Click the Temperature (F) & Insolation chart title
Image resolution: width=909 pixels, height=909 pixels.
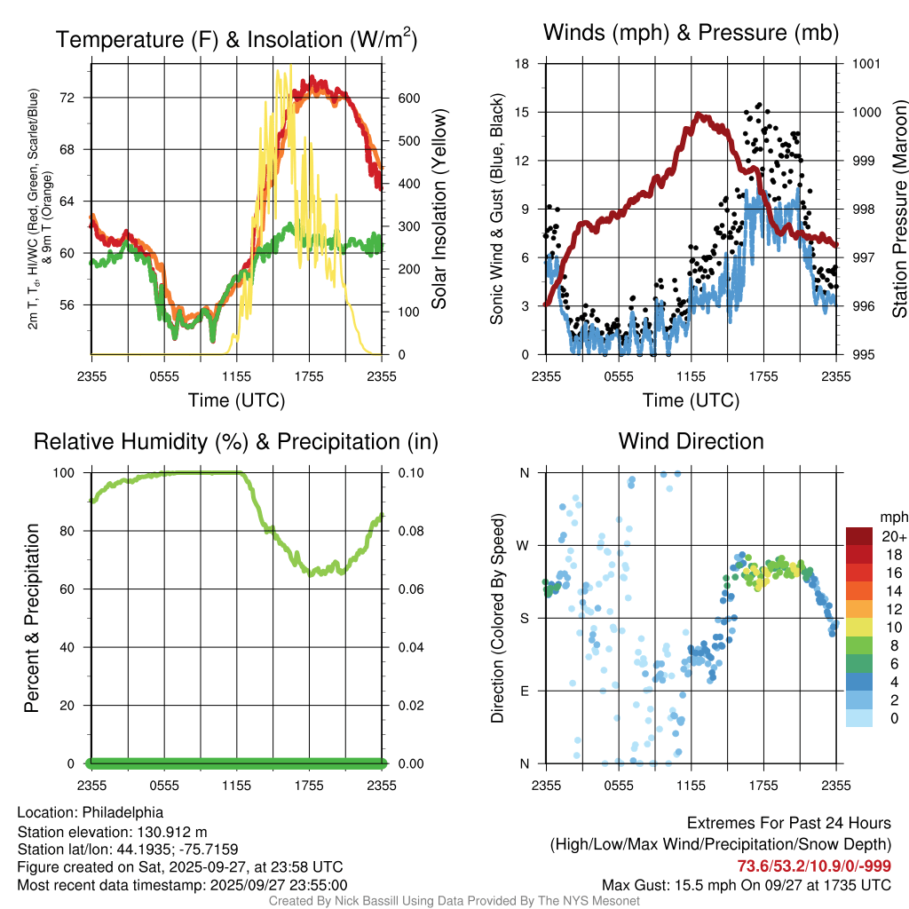tap(236, 39)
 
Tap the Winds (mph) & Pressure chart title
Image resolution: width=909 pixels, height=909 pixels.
tap(691, 34)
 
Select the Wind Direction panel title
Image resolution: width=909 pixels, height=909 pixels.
tap(691, 441)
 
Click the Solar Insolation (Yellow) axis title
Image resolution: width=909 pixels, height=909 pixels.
tap(439, 209)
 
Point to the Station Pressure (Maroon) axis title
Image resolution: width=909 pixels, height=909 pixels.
tap(898, 209)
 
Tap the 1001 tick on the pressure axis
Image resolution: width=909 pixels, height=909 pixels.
tap(866, 64)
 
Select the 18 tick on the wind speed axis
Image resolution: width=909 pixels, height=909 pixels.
tap(523, 64)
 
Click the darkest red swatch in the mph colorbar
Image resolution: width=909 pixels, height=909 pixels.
tap(858, 536)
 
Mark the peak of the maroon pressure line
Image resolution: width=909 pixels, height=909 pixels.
tap(700, 115)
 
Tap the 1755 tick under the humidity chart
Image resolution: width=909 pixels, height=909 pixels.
tap(310, 786)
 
